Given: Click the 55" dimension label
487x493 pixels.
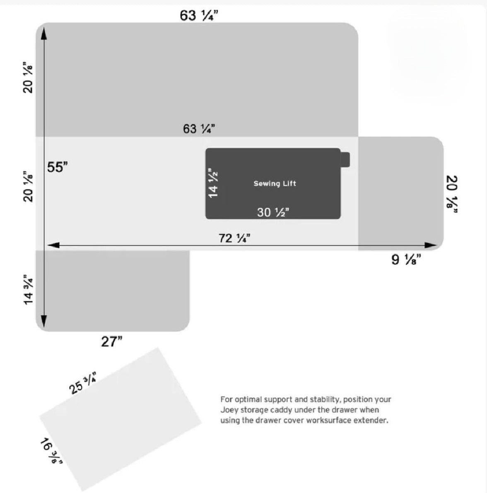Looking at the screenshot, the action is point(58,167).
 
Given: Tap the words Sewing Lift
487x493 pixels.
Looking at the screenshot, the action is point(275,183).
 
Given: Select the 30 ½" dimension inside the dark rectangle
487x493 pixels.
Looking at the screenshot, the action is point(273,212).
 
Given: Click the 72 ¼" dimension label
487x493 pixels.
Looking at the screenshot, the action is point(234,238).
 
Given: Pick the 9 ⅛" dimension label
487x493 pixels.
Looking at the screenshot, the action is point(406,259).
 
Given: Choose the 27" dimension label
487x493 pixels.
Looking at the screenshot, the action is point(112,341).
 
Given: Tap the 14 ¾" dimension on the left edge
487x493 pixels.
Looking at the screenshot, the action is point(29,290).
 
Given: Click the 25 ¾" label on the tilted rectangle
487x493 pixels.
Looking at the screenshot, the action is point(83,383).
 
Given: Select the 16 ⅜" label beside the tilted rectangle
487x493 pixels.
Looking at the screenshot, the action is point(51,451).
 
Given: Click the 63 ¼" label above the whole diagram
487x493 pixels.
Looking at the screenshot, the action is point(199,15).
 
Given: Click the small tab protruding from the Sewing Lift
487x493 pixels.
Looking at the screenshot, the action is point(345,160).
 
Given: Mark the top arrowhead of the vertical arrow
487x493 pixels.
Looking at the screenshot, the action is point(43,33).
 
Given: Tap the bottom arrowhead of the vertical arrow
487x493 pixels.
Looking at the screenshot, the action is point(43,321).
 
